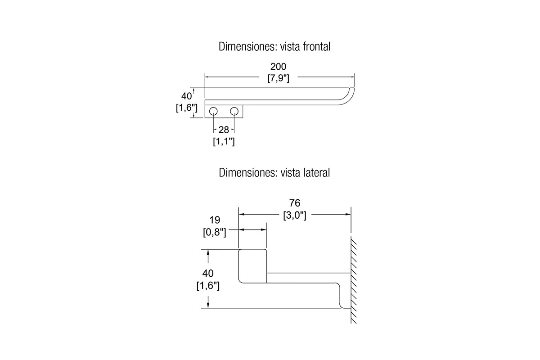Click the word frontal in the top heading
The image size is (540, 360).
tap(316, 46)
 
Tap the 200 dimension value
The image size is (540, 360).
tap(278, 66)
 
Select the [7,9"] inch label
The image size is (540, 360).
tap(278, 78)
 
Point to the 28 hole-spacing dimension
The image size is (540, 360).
tap(224, 130)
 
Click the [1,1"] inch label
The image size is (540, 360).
tap(224, 141)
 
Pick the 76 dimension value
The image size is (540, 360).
tap(295, 203)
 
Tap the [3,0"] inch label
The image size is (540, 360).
tap(295, 215)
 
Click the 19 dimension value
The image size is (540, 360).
tap(215, 220)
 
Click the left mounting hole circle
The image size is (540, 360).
tap(213, 112)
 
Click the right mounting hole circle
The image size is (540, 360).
tap(234, 112)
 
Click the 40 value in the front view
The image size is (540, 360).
tap(186, 96)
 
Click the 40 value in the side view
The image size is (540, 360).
tap(208, 274)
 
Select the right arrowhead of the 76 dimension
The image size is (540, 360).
tap(348, 214)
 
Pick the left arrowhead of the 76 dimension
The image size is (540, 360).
tap(242, 214)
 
